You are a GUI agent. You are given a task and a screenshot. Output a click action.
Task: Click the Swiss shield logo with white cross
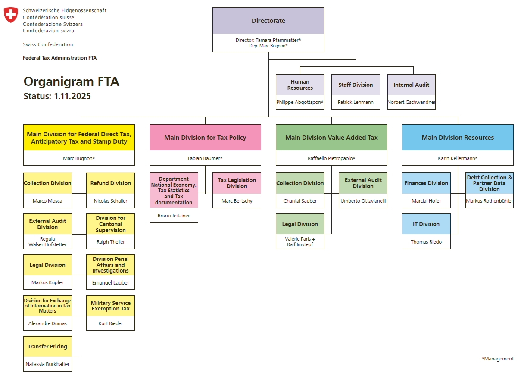pos(11,15)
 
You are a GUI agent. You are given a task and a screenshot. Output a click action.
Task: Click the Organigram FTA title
pos(71,81)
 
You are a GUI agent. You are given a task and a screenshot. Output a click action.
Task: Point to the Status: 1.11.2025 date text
pos(57,96)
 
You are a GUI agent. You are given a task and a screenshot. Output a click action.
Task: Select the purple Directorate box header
pos(268,21)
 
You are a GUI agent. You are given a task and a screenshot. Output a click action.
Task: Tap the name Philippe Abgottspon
pos(300,102)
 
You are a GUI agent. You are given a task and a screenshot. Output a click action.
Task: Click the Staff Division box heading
pos(356,85)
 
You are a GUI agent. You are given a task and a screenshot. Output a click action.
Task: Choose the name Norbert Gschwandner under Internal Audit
pos(411,102)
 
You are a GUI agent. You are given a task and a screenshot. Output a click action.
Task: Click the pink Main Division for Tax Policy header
pos(205,138)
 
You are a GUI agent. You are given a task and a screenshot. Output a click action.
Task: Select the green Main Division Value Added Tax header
pos(331,138)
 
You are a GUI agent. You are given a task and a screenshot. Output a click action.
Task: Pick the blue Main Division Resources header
pos(458,138)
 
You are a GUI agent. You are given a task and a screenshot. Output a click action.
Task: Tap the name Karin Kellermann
pos(458,158)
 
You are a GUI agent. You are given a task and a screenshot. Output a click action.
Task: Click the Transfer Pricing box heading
pos(47,347)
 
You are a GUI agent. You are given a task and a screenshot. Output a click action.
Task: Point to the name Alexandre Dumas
pos(47,323)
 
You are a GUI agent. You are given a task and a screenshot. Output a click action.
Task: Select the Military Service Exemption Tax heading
pos(110,306)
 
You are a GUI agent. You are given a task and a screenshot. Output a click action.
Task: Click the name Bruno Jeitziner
pos(174,216)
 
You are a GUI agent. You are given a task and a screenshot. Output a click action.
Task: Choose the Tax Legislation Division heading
pos(237,183)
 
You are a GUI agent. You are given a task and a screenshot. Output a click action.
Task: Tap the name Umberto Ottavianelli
pos(363,201)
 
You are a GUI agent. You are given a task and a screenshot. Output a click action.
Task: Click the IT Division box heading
pos(426,224)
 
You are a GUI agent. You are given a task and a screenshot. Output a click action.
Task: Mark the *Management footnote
pos(497,359)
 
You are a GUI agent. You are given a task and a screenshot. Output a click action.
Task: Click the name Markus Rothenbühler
pos(489,201)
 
